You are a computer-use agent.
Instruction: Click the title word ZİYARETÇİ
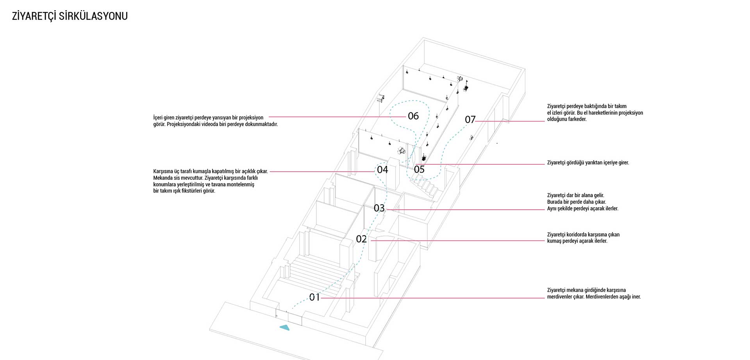coord(34,16)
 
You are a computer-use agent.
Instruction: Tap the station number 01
coord(314,298)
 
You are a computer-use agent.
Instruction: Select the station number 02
coord(361,239)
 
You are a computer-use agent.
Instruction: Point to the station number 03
coord(379,208)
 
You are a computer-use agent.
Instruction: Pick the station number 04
coord(382,169)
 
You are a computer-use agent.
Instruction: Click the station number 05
coord(419,169)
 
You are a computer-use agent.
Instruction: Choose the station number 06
coord(413,116)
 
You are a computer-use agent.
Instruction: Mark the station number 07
coord(470,119)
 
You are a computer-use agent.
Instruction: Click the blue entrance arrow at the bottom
coord(285,328)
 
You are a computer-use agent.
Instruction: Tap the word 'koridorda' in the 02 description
coord(577,235)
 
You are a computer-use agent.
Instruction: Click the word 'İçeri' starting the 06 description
coord(158,118)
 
